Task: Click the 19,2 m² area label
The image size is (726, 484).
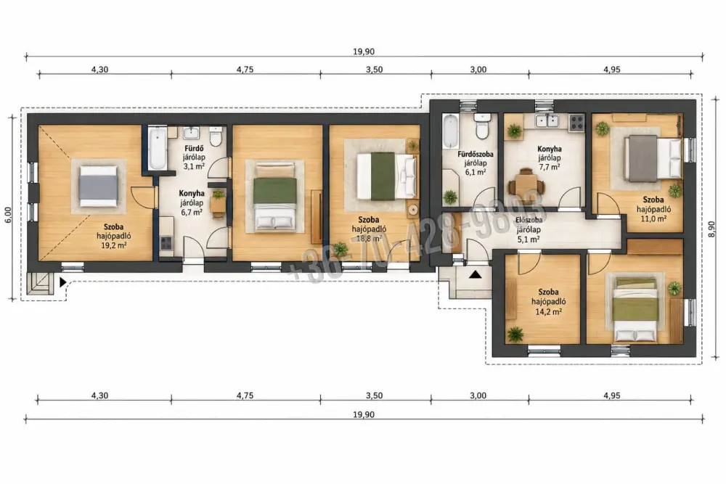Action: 113,246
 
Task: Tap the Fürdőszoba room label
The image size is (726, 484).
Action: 476,154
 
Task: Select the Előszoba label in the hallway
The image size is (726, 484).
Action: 529,221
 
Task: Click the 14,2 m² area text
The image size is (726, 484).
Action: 548,312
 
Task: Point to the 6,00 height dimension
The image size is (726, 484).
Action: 7,216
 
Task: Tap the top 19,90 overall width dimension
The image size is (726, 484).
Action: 364,52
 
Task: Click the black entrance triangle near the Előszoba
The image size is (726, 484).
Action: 475,275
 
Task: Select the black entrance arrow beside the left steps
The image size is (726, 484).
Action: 63,282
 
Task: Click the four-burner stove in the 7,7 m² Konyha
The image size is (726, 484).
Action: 576,122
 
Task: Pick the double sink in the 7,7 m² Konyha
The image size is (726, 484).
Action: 547,120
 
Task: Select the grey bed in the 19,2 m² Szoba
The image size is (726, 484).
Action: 98,186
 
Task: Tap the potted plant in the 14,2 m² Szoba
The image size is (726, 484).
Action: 515,334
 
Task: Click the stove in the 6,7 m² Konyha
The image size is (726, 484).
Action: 166,243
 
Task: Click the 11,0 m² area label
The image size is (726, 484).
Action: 653,218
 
